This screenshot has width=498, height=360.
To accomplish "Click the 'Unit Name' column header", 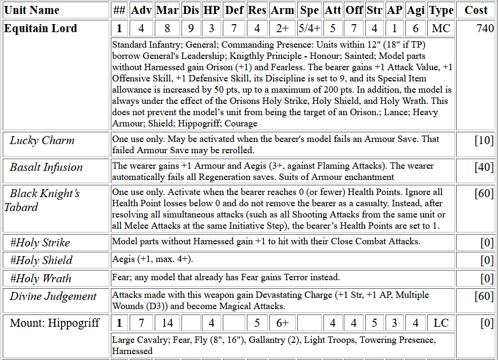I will (32, 10).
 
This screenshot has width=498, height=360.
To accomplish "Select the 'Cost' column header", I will (476, 10).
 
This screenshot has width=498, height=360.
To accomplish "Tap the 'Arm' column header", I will (282, 10).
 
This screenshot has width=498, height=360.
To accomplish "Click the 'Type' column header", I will (441, 10).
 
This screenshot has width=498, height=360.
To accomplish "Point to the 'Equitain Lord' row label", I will (41, 28).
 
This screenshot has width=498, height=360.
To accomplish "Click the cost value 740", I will (485, 28).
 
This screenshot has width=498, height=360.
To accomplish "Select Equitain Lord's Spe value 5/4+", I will (310, 28).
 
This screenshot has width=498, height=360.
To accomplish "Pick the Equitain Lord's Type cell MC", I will (441, 28).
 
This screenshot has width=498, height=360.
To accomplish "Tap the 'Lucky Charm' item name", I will (42, 140).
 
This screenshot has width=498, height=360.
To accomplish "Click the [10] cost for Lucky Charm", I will (484, 140).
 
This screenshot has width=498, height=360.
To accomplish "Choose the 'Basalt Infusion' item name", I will (46, 167).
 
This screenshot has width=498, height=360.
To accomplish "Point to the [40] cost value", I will (484, 167).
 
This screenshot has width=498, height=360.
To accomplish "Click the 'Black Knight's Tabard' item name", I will (43, 200).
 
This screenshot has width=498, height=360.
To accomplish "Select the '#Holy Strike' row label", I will (40, 243).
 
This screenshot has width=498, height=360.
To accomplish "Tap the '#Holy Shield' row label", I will (41, 260).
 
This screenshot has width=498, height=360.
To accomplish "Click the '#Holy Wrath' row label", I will (41, 279).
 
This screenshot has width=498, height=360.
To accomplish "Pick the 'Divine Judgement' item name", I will (53, 296).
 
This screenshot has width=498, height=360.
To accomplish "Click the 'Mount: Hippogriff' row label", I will (55, 323).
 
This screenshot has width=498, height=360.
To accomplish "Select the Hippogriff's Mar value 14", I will (167, 323).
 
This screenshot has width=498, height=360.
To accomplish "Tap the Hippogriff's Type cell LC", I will (441, 323).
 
